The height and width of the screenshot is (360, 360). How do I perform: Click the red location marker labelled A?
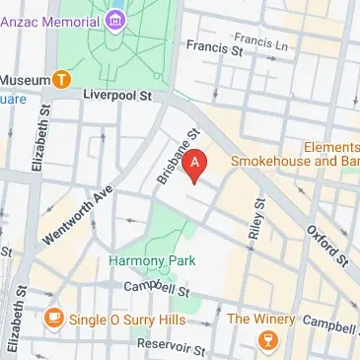[x=196, y=164]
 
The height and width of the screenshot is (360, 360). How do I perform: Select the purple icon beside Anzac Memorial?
[x=116, y=18]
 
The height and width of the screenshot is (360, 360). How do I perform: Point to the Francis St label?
[x=214, y=45]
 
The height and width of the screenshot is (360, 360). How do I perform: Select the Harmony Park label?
[x=152, y=260]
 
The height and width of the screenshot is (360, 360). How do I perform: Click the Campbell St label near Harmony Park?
[x=156, y=290]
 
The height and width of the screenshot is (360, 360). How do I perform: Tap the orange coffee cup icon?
[x=53, y=319]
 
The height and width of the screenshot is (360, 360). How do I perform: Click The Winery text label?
[x=260, y=319]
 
